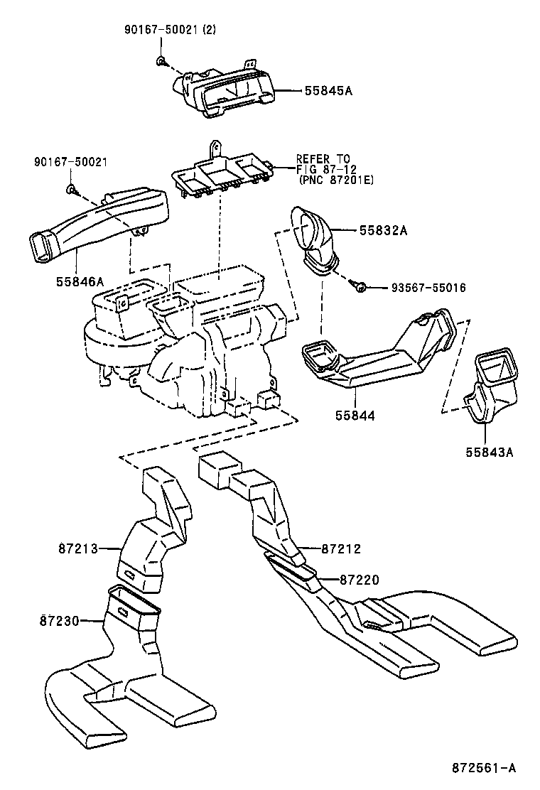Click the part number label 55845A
click(328, 92)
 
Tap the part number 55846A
click(80, 282)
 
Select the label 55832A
click(383, 230)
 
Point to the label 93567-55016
click(428, 288)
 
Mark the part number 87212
click(341, 548)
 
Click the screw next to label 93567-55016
click(361, 286)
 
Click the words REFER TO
click(323, 158)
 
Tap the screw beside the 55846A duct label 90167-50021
click(72, 189)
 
